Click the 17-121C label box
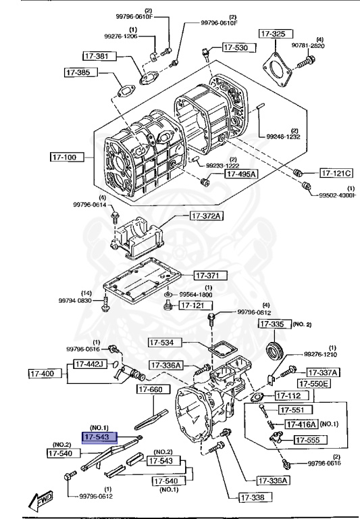pos(337,172)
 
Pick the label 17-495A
pos(240,174)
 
